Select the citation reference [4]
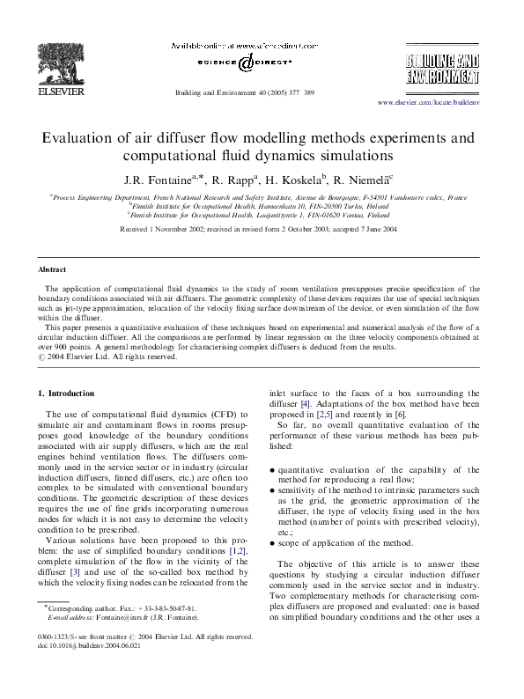(306, 404)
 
